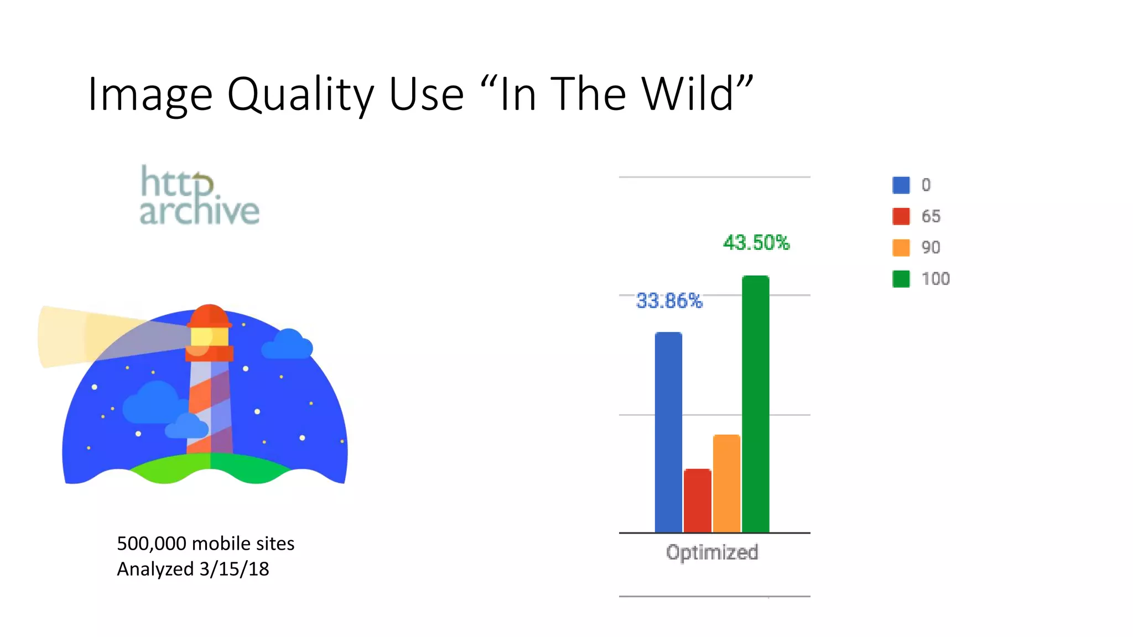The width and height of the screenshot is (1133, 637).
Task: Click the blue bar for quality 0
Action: tap(668, 432)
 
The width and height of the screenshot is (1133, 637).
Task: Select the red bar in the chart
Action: tap(697, 500)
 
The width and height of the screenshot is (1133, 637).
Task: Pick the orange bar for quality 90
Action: tap(726, 483)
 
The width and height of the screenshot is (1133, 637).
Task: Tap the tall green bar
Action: tap(755, 404)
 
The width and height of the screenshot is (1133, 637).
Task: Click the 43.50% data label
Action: tap(756, 243)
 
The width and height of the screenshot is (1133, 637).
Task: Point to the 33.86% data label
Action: tap(669, 301)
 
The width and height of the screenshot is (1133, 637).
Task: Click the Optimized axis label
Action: tap(712, 552)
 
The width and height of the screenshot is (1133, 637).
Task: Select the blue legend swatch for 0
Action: tap(901, 185)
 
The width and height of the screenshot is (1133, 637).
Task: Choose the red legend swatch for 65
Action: tap(901, 216)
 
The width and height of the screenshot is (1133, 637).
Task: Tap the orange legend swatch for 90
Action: tap(901, 247)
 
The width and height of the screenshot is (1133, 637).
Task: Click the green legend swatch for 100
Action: tap(901, 279)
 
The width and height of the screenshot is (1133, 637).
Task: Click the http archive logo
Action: tap(199, 196)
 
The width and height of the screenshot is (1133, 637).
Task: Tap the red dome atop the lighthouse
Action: tap(209, 315)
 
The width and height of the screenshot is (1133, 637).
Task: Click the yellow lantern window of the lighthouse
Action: tap(210, 336)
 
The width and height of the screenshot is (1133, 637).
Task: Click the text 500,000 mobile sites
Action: tap(205, 544)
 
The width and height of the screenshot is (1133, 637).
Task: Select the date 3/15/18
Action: tap(234, 569)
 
